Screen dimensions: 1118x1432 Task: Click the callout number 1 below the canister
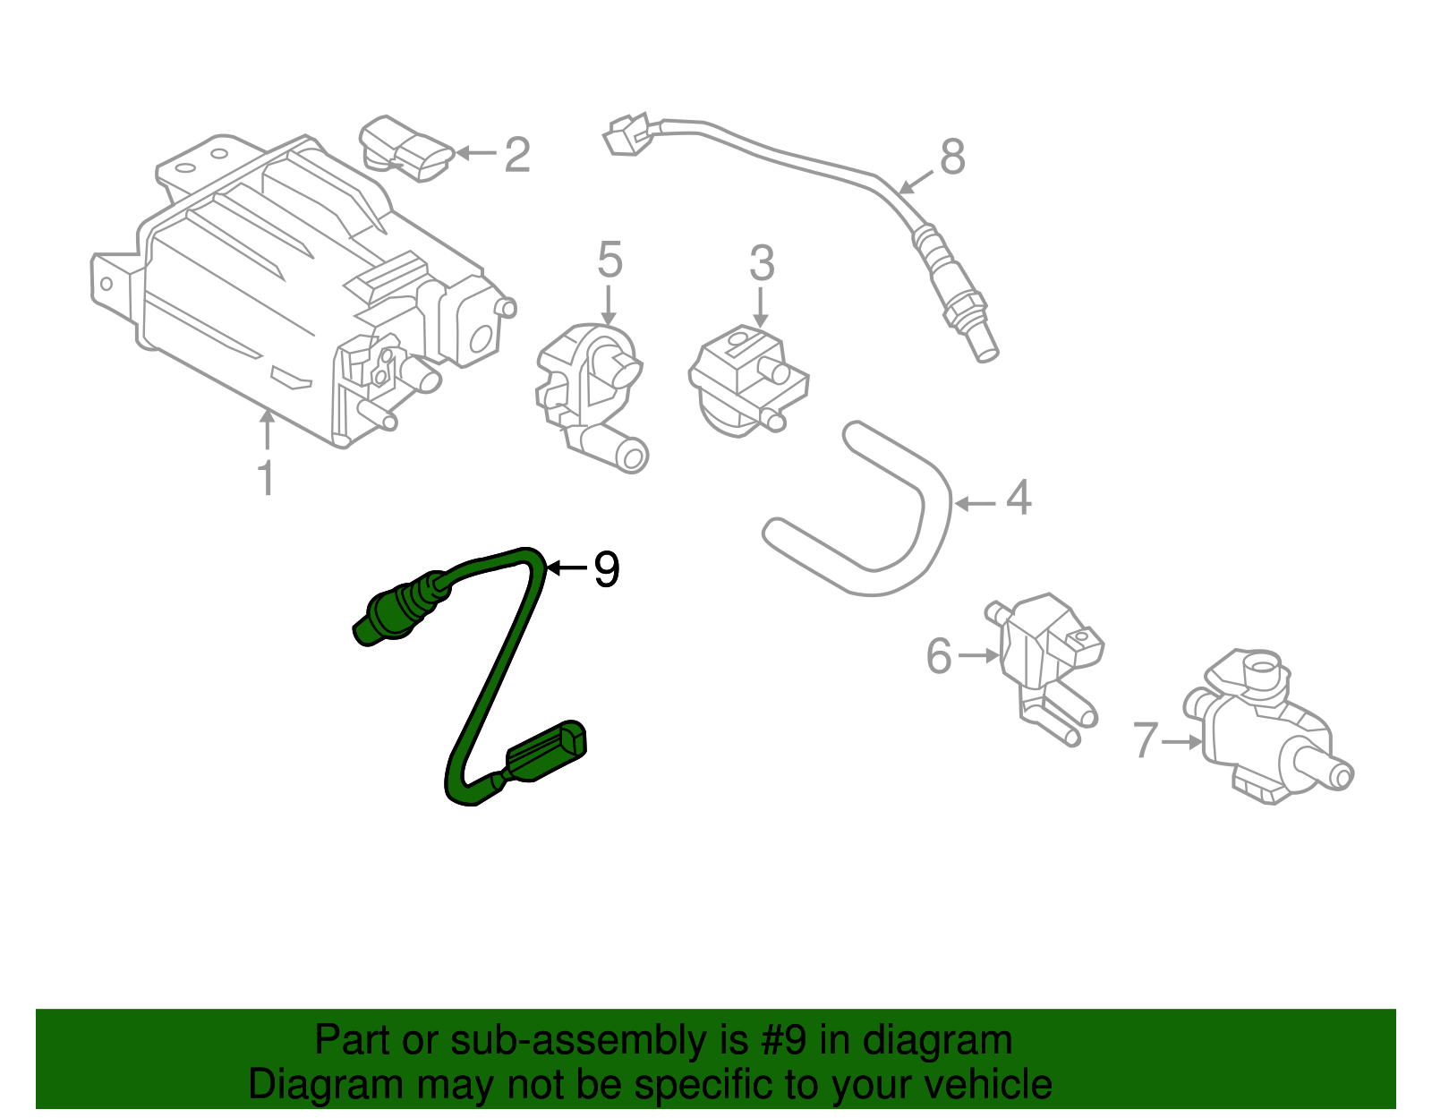coord(266,479)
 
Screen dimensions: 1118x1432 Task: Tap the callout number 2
coord(517,155)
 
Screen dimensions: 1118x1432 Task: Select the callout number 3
coord(762,264)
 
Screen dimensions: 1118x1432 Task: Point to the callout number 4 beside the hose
coord(1019,498)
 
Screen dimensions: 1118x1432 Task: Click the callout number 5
coord(609,260)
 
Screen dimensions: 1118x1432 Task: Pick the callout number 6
coord(939,656)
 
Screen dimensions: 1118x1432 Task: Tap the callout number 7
coord(1146,741)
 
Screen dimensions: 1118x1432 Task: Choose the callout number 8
coord(952,158)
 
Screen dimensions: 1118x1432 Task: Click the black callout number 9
coord(607,569)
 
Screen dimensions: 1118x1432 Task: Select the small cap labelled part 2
coord(407,149)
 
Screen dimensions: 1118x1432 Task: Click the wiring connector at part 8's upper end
coord(626,135)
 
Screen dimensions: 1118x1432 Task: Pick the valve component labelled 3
coord(747,380)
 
